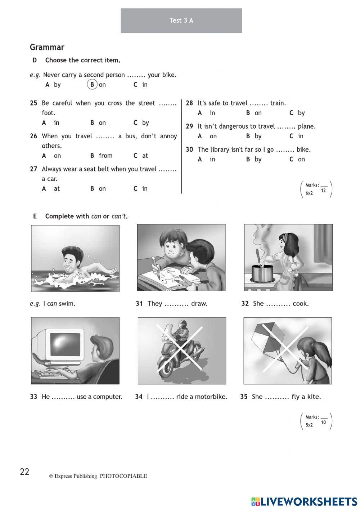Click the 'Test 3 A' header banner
181,21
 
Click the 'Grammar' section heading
47,47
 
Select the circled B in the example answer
93,85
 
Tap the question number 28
189,103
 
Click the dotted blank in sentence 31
176,304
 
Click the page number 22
24,472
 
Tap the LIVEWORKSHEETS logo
304,501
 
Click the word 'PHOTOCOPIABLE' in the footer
123,476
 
